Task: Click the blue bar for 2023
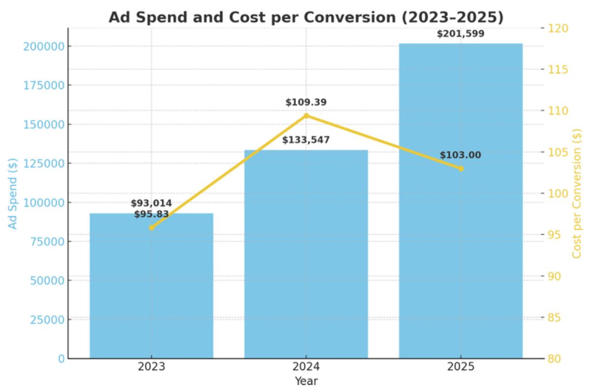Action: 151,295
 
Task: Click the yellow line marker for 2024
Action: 306,116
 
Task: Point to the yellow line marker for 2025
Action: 461,168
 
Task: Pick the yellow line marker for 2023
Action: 151,227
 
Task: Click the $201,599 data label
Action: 461,34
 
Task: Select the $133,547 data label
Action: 306,140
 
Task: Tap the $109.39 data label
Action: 306,102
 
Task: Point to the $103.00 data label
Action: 461,155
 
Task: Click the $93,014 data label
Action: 151,203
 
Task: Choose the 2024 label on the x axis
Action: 306,367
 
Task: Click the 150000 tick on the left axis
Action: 44,124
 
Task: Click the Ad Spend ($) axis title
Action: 13,193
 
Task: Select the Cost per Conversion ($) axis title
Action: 577,193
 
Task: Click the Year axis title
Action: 306,381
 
